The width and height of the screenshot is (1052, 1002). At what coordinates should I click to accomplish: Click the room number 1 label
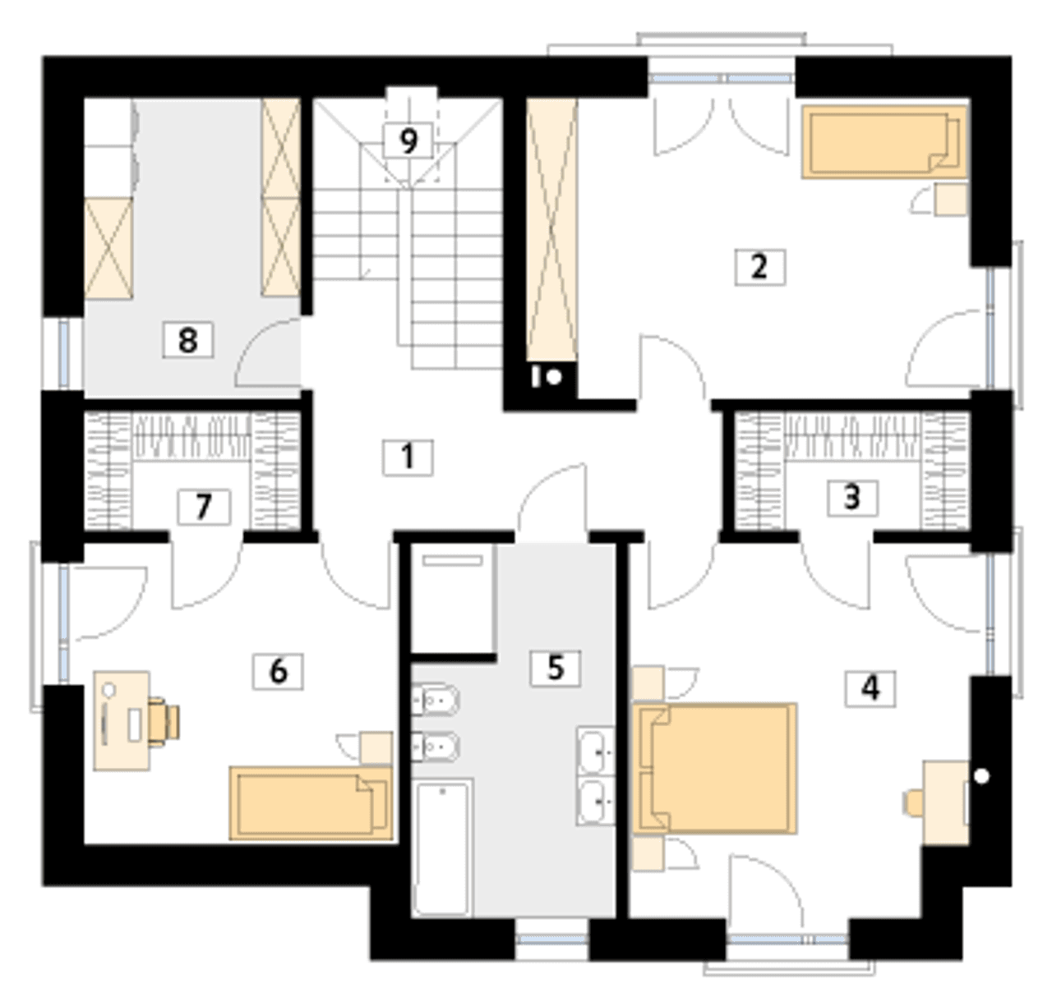[x=407, y=457]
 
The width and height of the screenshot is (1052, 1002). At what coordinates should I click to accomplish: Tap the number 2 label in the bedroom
[x=760, y=267]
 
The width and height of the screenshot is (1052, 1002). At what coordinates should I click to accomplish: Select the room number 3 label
[x=852, y=498]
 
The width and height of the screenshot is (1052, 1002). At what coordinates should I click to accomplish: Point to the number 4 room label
[x=870, y=689]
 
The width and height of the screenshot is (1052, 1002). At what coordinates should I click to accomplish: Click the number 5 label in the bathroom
[x=555, y=668]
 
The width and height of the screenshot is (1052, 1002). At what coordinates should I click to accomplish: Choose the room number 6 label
[x=278, y=671]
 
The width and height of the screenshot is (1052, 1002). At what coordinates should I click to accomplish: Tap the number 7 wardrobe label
[x=204, y=507]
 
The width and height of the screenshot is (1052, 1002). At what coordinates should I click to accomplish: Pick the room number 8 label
[x=188, y=339]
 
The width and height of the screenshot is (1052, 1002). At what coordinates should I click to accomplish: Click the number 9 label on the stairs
[x=408, y=140]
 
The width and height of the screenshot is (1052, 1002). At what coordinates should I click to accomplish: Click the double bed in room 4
[x=715, y=769]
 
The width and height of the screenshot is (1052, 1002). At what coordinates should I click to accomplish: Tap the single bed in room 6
[x=311, y=803]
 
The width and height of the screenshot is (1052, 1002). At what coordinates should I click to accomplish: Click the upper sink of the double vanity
[x=596, y=751]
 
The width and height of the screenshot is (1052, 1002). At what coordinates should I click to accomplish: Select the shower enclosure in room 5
[x=452, y=599]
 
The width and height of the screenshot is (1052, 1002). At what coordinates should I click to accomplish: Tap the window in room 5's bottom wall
[x=551, y=939]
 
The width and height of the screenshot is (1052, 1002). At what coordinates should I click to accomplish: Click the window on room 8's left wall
[x=63, y=353]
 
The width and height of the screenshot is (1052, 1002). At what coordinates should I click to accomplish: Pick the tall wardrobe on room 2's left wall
[x=551, y=230]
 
